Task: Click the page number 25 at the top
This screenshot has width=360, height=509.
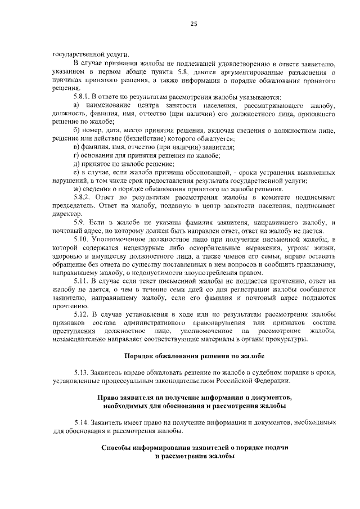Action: tap(194, 24)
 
